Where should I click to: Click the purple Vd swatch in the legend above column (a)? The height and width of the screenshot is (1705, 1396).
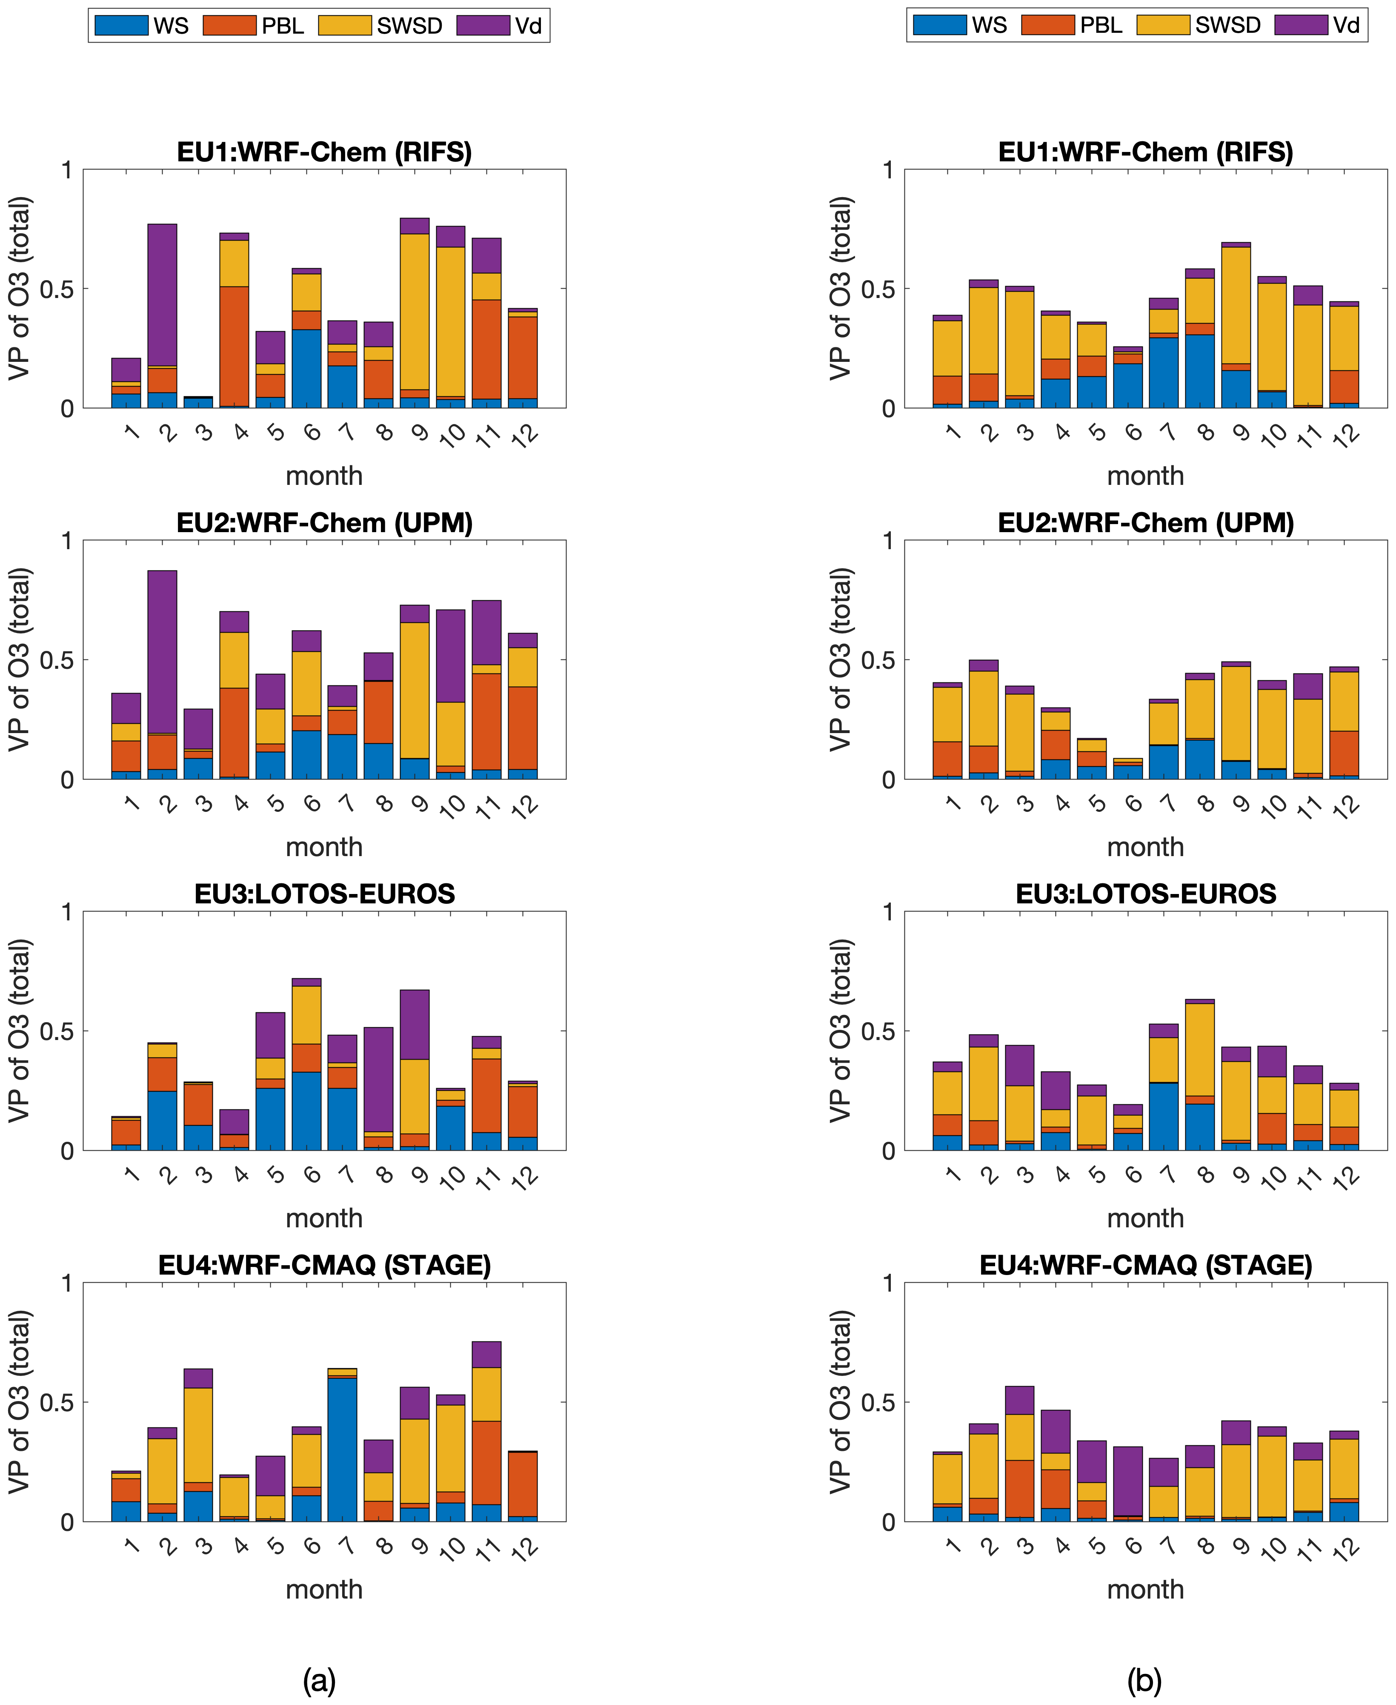(483, 26)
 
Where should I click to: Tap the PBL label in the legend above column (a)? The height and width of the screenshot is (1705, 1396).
(283, 26)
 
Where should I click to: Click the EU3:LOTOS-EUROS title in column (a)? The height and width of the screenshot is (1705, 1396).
(325, 894)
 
